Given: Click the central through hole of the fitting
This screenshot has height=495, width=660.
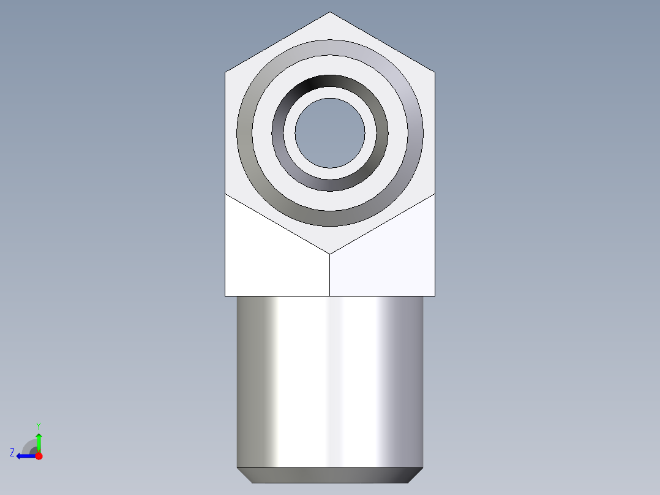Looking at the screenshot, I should coord(330,132).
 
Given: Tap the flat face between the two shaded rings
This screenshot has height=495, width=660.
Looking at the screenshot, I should coord(330,66).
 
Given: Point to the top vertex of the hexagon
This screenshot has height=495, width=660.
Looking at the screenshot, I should coord(330,12).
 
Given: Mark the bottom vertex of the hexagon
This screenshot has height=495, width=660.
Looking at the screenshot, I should coord(330,254).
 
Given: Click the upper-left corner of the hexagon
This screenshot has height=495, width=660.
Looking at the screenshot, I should coord(225,73).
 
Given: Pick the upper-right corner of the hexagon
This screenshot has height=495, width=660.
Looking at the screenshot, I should coord(435,73).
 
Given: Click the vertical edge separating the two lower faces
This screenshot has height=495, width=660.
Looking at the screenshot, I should coord(330,276).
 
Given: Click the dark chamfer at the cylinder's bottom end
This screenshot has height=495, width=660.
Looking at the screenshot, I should coord(330,475).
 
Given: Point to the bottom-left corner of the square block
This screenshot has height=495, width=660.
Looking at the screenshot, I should coord(225,296).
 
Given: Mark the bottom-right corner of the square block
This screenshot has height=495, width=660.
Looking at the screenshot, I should coord(435,296).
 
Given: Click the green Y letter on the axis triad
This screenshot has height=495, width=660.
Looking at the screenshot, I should coord(38,425).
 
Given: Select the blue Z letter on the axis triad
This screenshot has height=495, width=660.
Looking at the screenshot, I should coord(12,453).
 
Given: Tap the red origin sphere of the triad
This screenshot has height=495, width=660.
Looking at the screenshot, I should coord(39,456).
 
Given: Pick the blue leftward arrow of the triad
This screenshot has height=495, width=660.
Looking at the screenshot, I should coord(24,456).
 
